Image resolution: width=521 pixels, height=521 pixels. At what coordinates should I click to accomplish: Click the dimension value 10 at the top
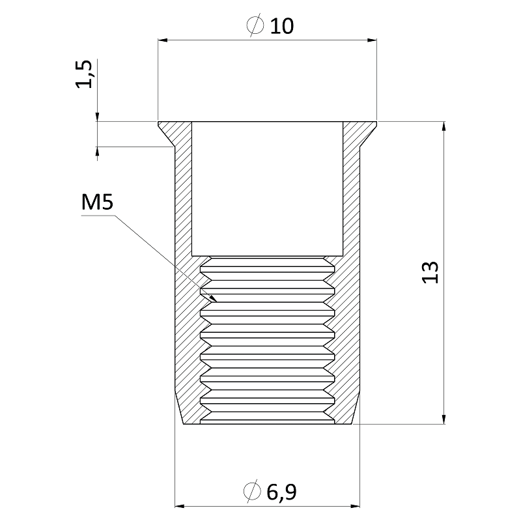[x=282, y=26]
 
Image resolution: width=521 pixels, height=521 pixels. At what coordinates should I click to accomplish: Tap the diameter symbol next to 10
[x=255, y=25]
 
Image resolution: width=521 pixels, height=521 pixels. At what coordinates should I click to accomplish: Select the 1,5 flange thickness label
[x=84, y=74]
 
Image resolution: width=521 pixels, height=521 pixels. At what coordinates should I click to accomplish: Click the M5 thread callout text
[x=97, y=203]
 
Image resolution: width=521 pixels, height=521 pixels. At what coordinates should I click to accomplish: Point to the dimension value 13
[x=430, y=272]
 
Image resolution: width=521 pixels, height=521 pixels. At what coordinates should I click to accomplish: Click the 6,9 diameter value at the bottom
[x=281, y=492]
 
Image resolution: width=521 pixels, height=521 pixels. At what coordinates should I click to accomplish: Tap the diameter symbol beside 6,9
[x=252, y=491]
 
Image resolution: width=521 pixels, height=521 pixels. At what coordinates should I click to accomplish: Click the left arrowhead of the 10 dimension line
[x=162, y=40]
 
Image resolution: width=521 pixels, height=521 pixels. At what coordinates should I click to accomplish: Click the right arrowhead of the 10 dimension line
[x=372, y=40]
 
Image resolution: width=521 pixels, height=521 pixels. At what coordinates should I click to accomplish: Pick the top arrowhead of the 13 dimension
[x=444, y=126]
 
